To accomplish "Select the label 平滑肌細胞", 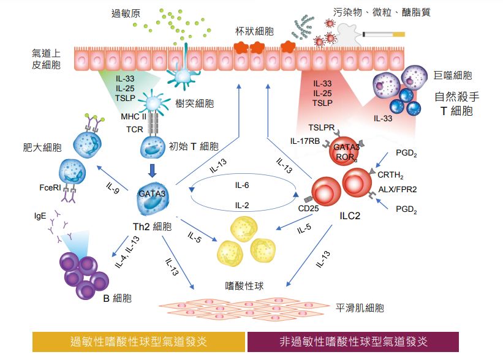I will click(360, 308).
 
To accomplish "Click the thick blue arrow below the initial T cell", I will click(152, 168).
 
